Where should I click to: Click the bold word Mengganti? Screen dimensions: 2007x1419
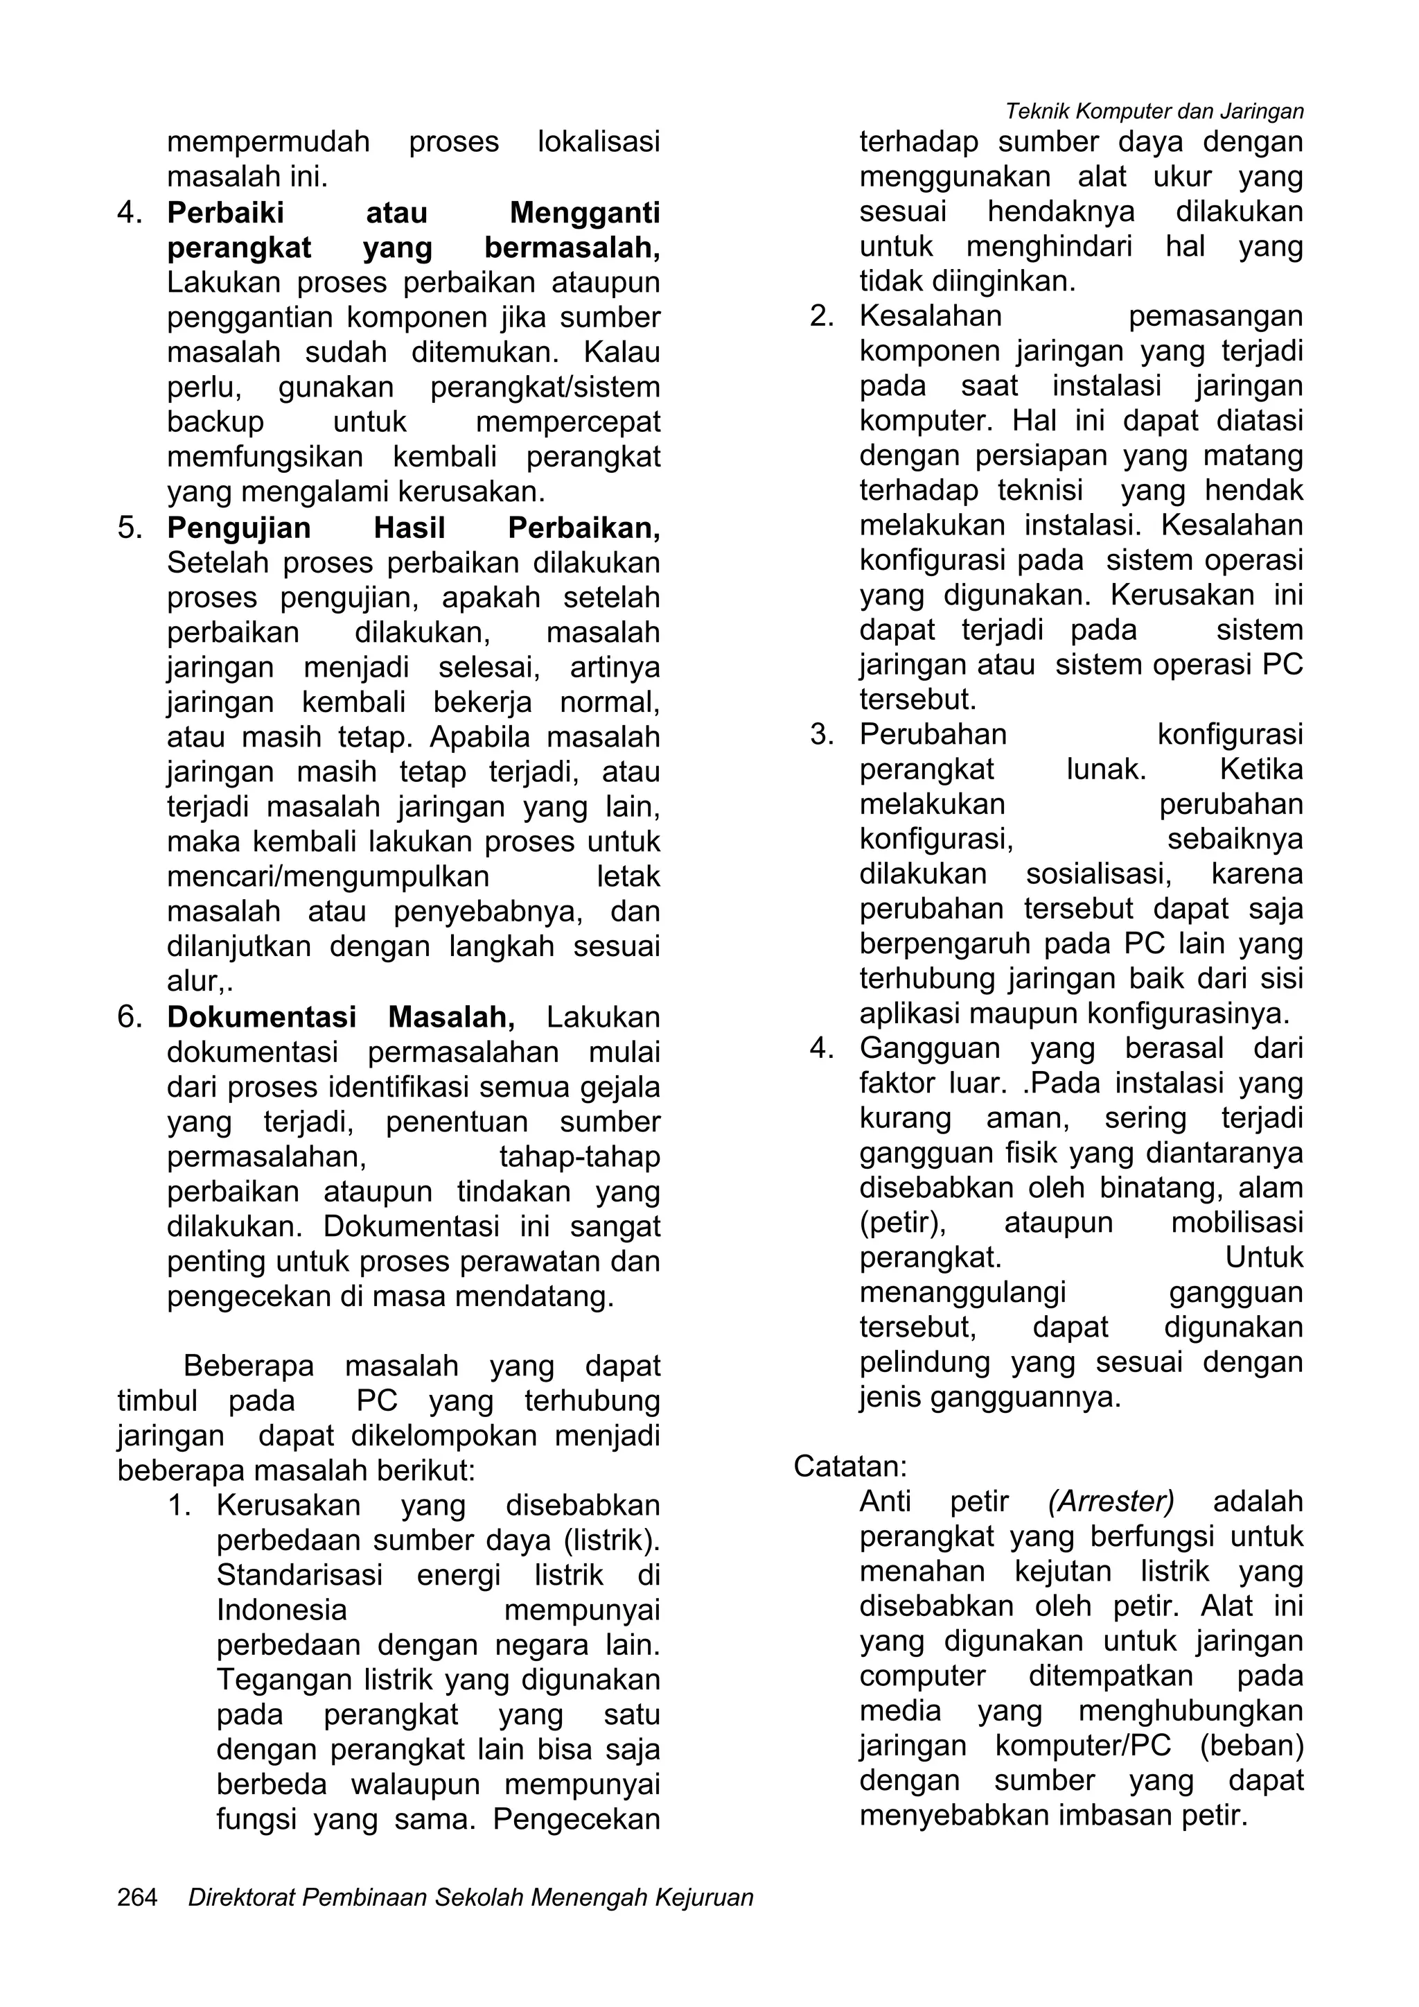(x=585, y=212)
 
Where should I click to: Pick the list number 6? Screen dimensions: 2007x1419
(x=130, y=1016)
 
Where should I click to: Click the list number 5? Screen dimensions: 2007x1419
(x=130, y=528)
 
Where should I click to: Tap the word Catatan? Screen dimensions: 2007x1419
(x=850, y=1466)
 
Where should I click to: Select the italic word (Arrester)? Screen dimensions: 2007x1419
(x=1111, y=1501)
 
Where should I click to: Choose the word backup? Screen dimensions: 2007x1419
(x=215, y=422)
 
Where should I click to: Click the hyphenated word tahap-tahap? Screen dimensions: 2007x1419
(x=579, y=1156)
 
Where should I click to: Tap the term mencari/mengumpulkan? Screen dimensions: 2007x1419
(x=328, y=877)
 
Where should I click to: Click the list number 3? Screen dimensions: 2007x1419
(x=822, y=734)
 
